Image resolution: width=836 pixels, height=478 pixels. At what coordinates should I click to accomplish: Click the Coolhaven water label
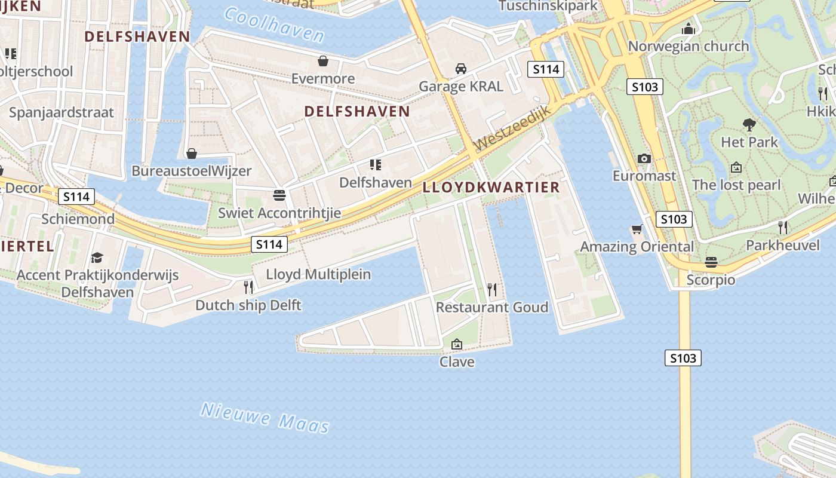(x=274, y=24)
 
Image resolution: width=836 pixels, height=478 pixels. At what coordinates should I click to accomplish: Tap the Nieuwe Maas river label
(x=265, y=417)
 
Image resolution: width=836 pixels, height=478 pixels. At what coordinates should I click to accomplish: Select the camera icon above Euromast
(x=644, y=158)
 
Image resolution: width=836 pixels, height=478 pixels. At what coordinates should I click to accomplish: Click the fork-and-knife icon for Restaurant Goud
(x=492, y=290)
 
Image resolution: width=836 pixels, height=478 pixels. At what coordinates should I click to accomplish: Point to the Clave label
(x=457, y=361)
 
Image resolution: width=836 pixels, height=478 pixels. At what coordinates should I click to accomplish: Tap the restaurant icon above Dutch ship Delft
(x=248, y=287)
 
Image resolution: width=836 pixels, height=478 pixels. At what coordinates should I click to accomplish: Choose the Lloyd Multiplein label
(x=318, y=274)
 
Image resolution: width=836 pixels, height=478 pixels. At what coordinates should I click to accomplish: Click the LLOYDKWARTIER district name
(x=491, y=187)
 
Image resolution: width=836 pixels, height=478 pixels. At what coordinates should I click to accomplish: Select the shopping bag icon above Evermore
(x=323, y=61)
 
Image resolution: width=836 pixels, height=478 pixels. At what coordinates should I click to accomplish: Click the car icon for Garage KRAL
(x=461, y=69)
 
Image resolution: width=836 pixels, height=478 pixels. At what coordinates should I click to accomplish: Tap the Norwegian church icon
(x=689, y=29)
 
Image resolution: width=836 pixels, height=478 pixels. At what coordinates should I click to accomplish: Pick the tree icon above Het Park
(x=749, y=125)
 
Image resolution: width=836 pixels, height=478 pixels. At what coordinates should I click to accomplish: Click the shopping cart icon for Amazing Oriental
(x=637, y=229)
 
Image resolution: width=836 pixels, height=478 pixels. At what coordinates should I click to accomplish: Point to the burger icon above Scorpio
(x=711, y=262)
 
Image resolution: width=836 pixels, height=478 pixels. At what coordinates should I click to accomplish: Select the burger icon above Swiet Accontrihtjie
(x=279, y=195)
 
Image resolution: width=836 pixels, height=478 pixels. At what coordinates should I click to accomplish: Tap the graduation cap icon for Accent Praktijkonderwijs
(x=97, y=258)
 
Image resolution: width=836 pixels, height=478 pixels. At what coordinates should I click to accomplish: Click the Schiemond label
(x=78, y=219)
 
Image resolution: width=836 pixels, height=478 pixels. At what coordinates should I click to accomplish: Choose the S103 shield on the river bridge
(x=683, y=358)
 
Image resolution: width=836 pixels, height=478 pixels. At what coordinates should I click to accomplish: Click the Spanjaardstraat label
(x=61, y=112)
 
